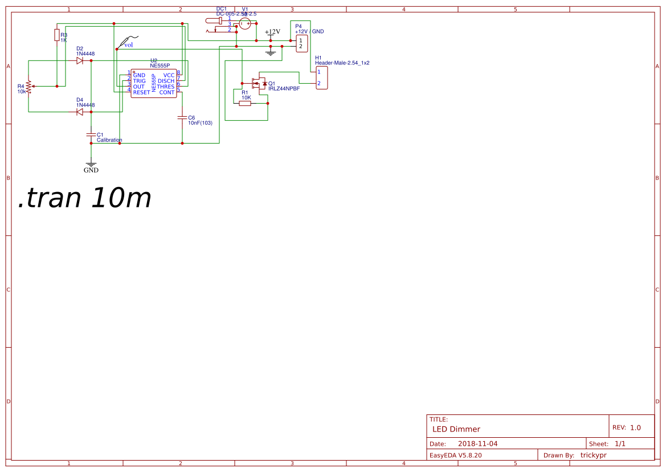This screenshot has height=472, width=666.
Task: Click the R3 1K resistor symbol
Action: click(x=56, y=35)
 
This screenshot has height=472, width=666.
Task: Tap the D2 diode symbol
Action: click(x=80, y=60)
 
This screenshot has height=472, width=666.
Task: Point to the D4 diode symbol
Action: click(x=80, y=112)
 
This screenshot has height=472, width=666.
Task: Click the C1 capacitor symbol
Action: click(x=91, y=135)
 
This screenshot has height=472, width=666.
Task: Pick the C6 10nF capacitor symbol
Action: click(x=182, y=117)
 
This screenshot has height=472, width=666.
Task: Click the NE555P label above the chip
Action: click(x=160, y=66)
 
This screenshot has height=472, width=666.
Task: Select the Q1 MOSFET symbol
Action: click(x=259, y=83)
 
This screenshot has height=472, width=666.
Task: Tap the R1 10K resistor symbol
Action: click(x=246, y=104)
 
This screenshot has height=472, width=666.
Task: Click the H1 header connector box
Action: click(x=321, y=78)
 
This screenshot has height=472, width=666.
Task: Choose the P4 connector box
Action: click(x=301, y=43)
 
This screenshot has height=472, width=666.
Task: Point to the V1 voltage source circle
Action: click(x=245, y=23)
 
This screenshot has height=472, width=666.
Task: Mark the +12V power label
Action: click(x=272, y=32)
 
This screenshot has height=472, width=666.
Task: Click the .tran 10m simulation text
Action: click(x=85, y=198)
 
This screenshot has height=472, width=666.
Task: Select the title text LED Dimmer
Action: click(x=456, y=429)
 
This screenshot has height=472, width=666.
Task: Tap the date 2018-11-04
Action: click(x=477, y=443)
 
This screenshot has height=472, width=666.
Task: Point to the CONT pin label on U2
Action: click(x=167, y=92)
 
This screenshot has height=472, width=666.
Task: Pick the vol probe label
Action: click(x=128, y=44)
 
